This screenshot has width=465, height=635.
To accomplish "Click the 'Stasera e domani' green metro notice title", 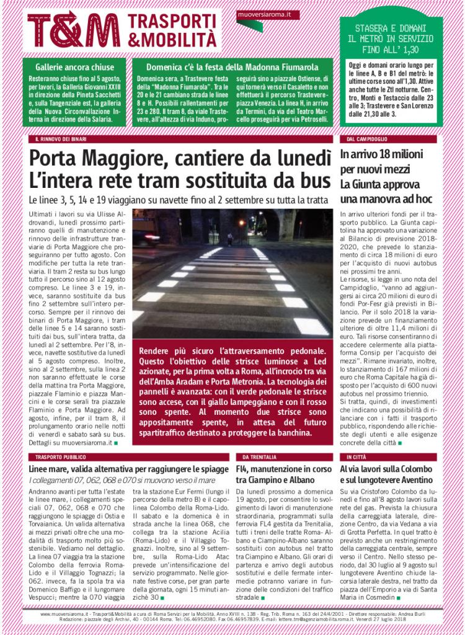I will coord(391,38).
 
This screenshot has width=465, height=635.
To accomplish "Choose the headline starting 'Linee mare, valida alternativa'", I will coord(128,469).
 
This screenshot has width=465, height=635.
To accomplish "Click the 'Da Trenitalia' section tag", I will coord(260,456).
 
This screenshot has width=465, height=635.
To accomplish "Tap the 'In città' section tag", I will coord(356,456).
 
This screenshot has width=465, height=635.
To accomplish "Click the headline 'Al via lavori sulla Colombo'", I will coord(394,469).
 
